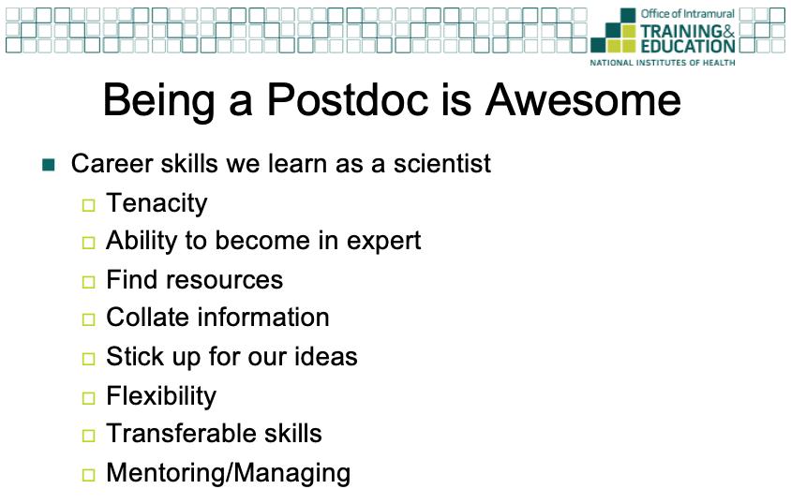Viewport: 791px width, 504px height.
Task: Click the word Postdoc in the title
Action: [x=348, y=99]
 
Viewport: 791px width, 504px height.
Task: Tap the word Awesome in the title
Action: [x=583, y=99]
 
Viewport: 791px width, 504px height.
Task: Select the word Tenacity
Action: [x=157, y=204]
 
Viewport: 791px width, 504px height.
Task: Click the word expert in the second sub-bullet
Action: [x=384, y=242]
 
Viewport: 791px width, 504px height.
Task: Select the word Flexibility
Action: [x=161, y=396]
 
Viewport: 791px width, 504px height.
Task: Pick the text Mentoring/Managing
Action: [x=229, y=474]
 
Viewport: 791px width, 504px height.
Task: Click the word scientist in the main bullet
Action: [x=442, y=163]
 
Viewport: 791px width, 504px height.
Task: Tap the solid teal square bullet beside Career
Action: [x=49, y=165]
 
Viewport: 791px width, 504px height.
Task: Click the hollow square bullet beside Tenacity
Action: [x=88, y=205]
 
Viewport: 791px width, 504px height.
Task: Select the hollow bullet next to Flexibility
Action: [x=88, y=398]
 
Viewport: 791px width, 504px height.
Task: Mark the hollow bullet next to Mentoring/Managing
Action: [x=88, y=475]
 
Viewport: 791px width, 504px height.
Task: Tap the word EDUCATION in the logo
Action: [x=688, y=46]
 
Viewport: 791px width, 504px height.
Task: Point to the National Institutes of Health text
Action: [x=663, y=63]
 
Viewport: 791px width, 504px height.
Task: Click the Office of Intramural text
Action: [x=688, y=14]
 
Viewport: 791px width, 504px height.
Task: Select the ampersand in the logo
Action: [x=729, y=31]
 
